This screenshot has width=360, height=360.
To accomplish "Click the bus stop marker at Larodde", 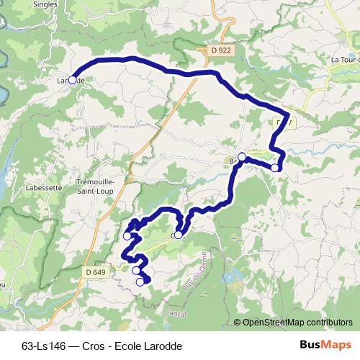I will pos(72,81).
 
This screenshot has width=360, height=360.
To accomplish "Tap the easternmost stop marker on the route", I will pos(275,168).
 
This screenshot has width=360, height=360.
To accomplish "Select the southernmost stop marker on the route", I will pos(140,282).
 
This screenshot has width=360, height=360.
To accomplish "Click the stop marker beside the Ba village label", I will pos(242,157).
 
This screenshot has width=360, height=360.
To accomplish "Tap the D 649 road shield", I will pos(94,271).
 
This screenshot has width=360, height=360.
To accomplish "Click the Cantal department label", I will pos(176,313).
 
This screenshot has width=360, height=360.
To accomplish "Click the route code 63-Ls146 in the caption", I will pos(42,346).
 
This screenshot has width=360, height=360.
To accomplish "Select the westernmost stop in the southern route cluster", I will pos(127,235).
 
